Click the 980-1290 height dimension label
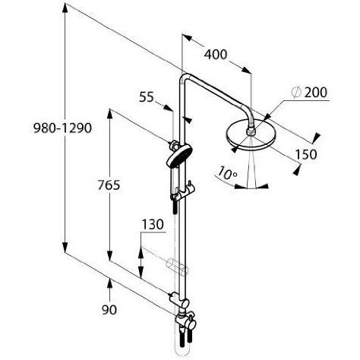point(62,128)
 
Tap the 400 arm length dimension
point(216,55)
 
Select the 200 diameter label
point(316,93)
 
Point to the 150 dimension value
point(306,154)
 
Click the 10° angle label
point(227,173)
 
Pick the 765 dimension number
point(109,185)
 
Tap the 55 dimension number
point(147,97)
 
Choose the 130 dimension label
point(153,225)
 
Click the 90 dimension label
point(109,310)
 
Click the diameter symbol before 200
point(296,93)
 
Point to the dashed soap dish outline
point(177,267)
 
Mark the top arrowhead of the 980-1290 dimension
point(65,8)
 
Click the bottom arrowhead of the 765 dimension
point(109,255)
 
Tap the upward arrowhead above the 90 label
point(109,283)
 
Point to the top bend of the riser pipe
point(184,77)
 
